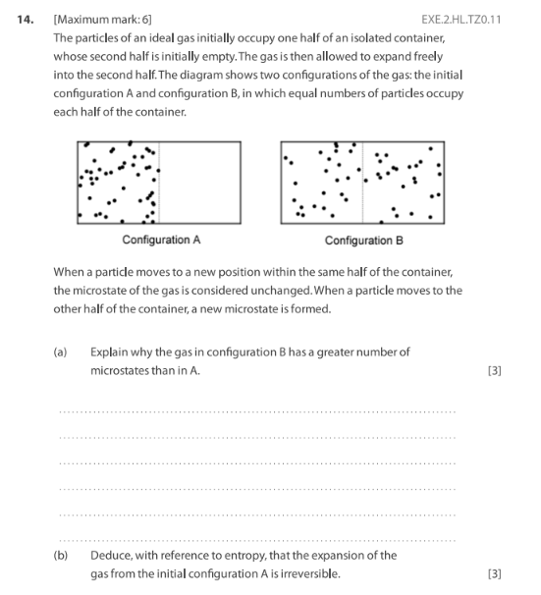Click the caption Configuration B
(x=363, y=240)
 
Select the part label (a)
(x=61, y=352)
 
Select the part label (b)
(x=61, y=555)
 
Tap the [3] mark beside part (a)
(x=494, y=370)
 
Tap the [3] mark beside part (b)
(x=494, y=573)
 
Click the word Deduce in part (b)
(x=110, y=555)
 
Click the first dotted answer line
(x=257, y=411)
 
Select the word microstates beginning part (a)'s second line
(x=121, y=370)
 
